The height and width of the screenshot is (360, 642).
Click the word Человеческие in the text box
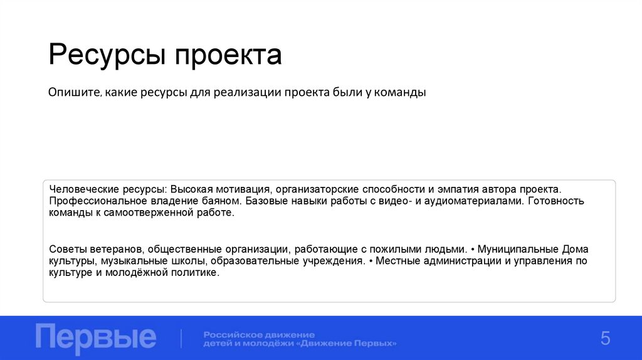click(80, 189)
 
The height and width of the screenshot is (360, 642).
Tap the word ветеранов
click(112, 249)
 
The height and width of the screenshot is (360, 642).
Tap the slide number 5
click(605, 339)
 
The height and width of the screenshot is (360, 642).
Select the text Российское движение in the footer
click(259, 334)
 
